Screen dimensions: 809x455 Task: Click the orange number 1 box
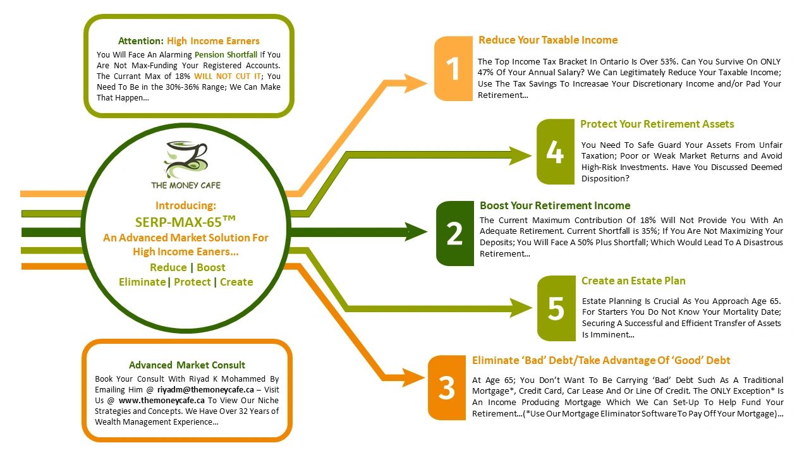point(453,69)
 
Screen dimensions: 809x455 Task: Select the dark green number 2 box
point(454,233)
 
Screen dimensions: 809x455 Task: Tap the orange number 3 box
point(447,387)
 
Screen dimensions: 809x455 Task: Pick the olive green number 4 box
point(556,152)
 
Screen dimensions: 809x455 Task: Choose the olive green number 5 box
point(556,308)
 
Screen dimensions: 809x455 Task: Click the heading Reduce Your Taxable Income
point(548,40)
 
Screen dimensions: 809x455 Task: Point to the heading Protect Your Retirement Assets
point(657,124)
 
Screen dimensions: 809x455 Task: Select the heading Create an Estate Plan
point(633,281)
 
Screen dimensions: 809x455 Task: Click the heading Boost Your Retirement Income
point(555,205)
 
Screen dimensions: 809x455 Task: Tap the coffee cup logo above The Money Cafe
point(186,160)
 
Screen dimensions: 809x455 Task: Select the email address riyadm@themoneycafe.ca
point(205,390)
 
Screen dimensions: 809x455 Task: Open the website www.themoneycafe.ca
point(161,401)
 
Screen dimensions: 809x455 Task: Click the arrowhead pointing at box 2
point(416,232)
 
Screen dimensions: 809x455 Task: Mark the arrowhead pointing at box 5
point(521,308)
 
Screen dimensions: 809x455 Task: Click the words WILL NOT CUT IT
point(228,76)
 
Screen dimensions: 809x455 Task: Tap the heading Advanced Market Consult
point(187,365)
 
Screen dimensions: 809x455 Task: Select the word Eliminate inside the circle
point(142,282)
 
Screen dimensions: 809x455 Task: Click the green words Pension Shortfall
point(226,54)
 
